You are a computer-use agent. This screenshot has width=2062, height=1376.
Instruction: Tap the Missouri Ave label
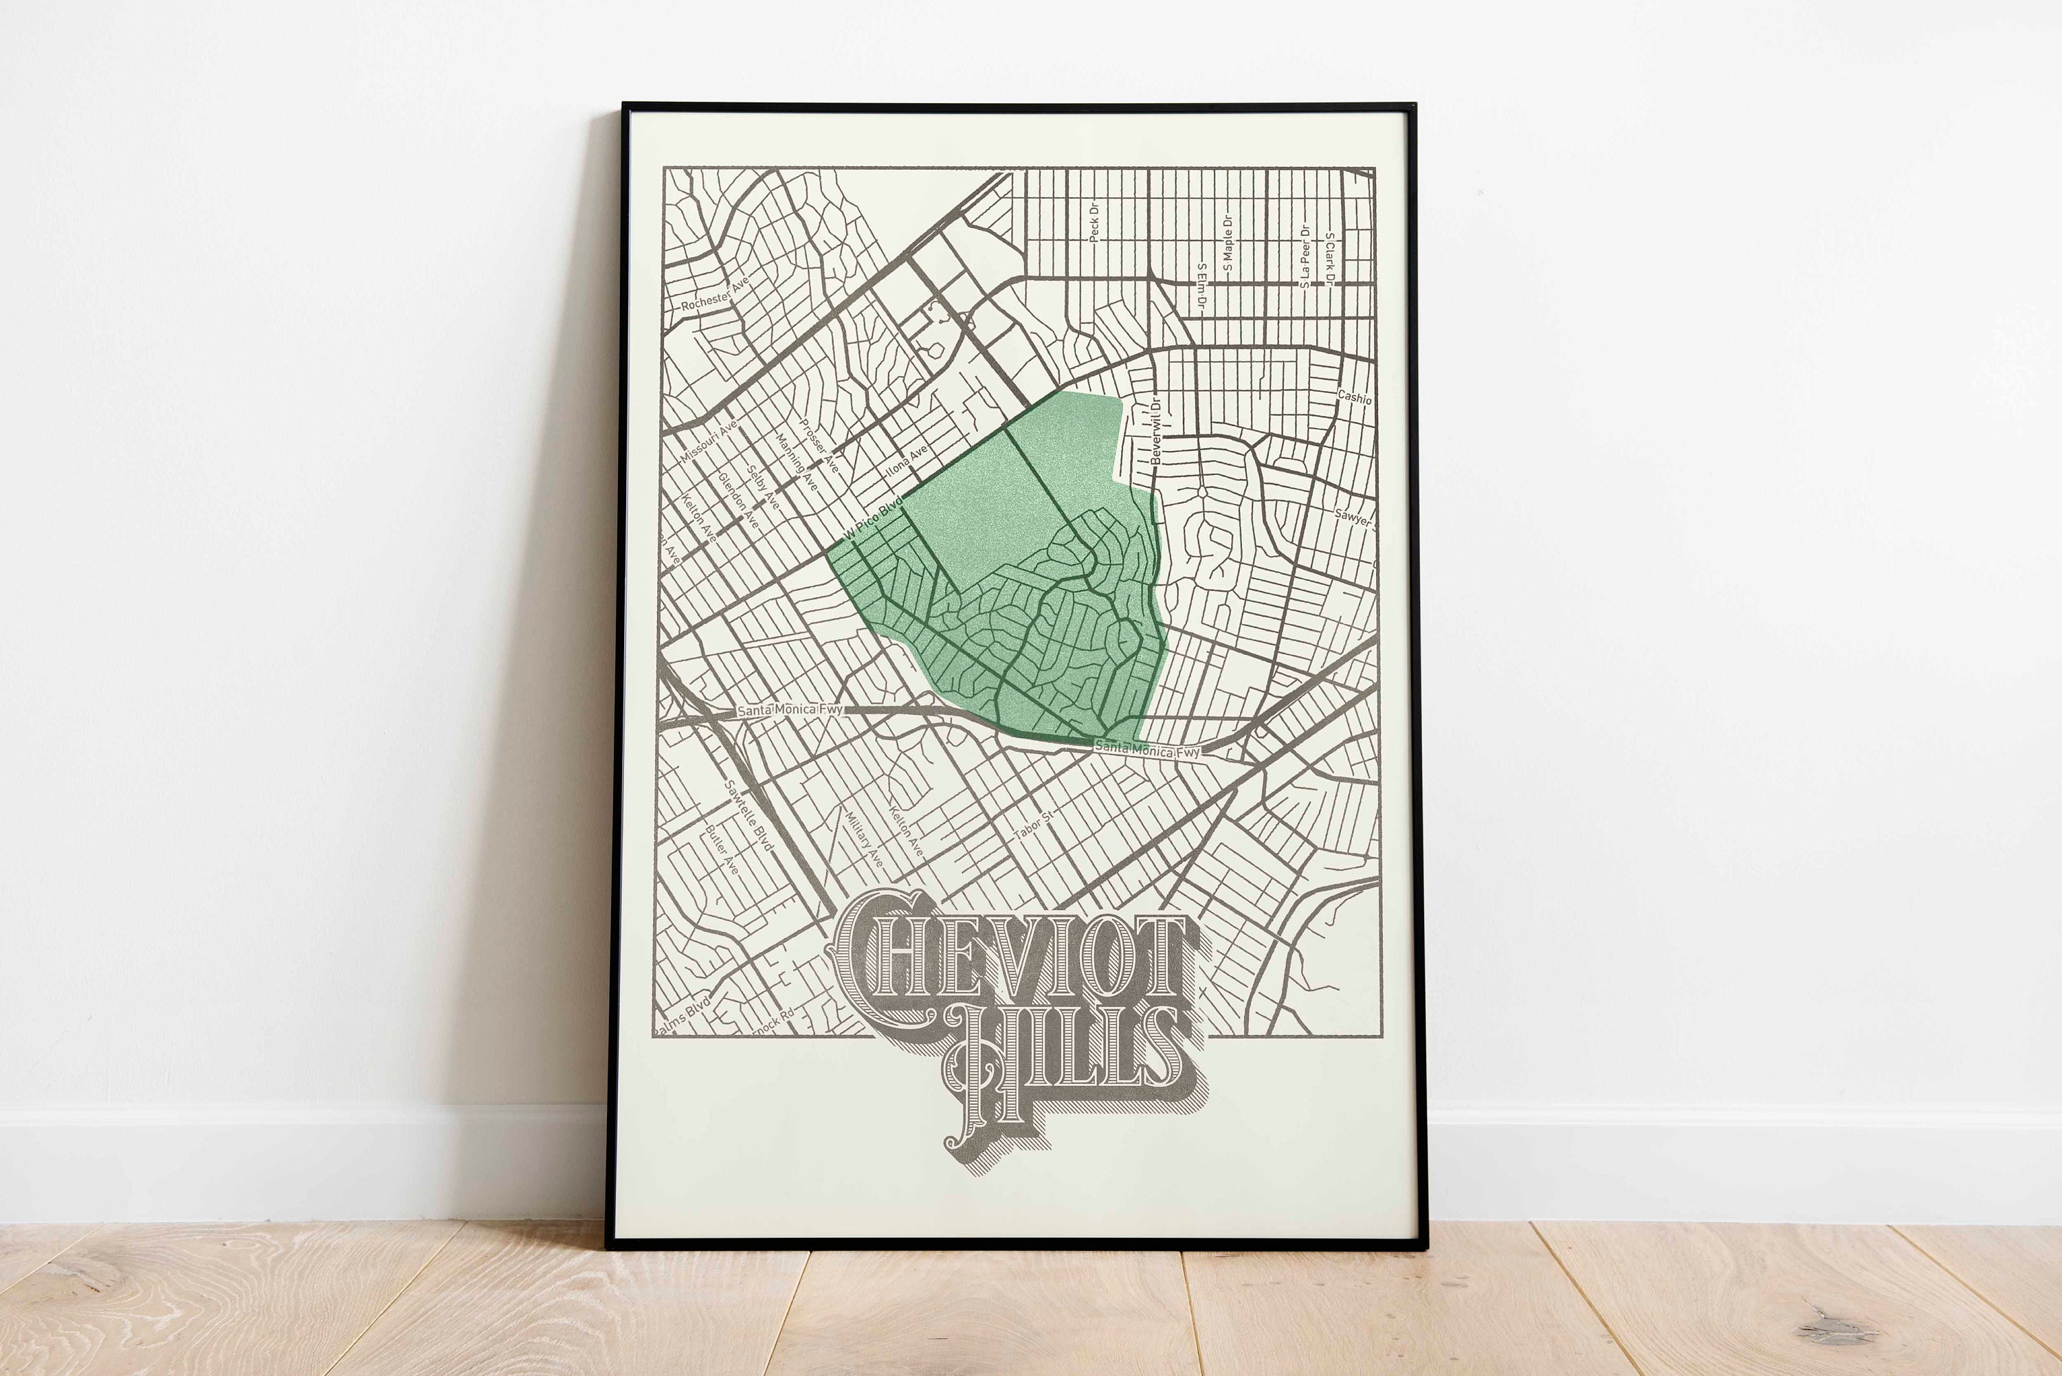coord(709,441)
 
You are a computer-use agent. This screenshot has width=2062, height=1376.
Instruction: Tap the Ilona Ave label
coord(907,460)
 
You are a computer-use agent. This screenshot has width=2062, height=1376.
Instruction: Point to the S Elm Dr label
coord(1202,287)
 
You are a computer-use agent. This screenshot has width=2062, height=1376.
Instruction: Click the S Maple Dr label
coord(1228,242)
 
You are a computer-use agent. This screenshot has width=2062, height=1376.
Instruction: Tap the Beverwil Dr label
coord(1155,432)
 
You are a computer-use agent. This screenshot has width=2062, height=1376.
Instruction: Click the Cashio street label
coord(1354,397)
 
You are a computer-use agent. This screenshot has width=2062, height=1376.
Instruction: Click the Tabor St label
coord(1033,825)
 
